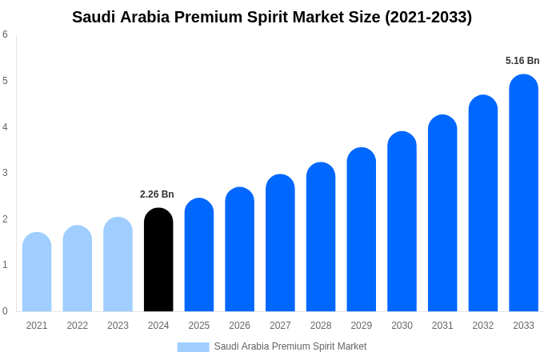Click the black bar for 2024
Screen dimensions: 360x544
[158, 260]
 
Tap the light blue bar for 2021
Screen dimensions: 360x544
[37, 272]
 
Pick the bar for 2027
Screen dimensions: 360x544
[280, 243]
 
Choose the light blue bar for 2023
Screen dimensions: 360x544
[118, 265]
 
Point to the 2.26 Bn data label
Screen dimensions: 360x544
[157, 194]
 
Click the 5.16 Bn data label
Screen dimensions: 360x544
[522, 61]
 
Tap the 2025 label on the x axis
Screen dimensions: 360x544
[199, 326]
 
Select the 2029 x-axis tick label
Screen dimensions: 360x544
[361, 326]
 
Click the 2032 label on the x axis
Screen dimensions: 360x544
[482, 326]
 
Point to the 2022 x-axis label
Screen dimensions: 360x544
[78, 326]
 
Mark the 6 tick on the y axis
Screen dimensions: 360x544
[5, 34]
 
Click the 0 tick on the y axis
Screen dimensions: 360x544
[5, 311]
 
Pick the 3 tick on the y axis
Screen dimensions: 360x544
[5, 173]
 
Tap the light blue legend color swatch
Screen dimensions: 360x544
[193, 347]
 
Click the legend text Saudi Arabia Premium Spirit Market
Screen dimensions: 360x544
[290, 346]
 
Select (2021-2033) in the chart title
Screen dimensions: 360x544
[428, 17]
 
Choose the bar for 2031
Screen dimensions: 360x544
[442, 214]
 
